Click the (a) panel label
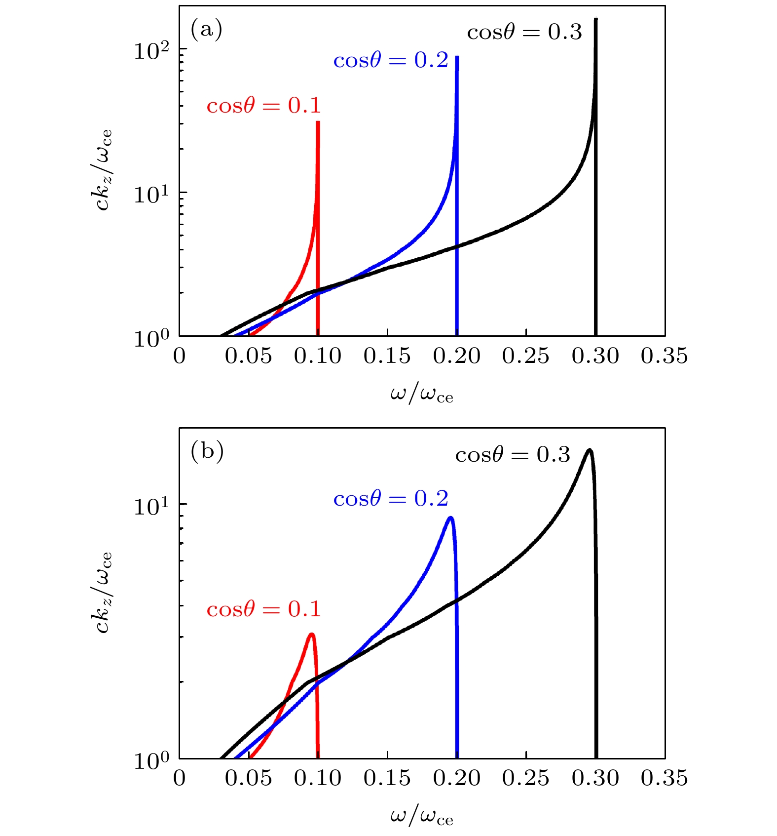pyautogui.click(x=206, y=30)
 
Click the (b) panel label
pyautogui.click(x=207, y=451)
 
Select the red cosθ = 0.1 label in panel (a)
pyautogui.click(x=263, y=106)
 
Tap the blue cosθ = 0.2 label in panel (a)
pyautogui.click(x=390, y=60)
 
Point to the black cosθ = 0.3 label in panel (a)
pyautogui.click(x=524, y=33)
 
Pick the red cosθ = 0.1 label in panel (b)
pyautogui.click(x=263, y=609)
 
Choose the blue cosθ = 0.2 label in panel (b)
pyautogui.click(x=390, y=499)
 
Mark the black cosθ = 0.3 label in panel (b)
pyautogui.click(x=513, y=455)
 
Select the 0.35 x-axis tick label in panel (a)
pyautogui.click(x=664, y=356)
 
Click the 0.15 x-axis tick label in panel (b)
pyautogui.click(x=387, y=778)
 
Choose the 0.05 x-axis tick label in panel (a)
pyautogui.click(x=248, y=356)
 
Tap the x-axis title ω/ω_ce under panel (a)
pyautogui.click(x=421, y=395)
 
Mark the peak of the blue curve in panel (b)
pyautogui.click(x=450, y=518)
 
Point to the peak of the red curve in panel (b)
pyautogui.click(x=311, y=634)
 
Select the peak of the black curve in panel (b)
pyautogui.click(x=589, y=449)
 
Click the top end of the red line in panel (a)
pyautogui.click(x=318, y=121)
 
